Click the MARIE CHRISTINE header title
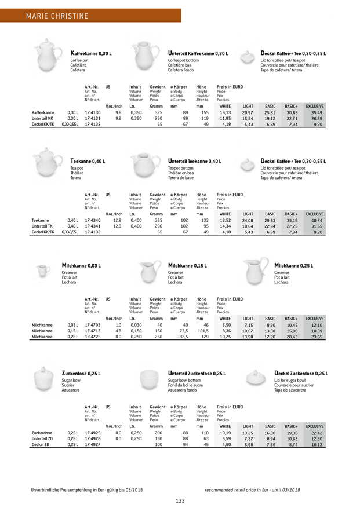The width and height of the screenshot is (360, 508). point(57,13)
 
